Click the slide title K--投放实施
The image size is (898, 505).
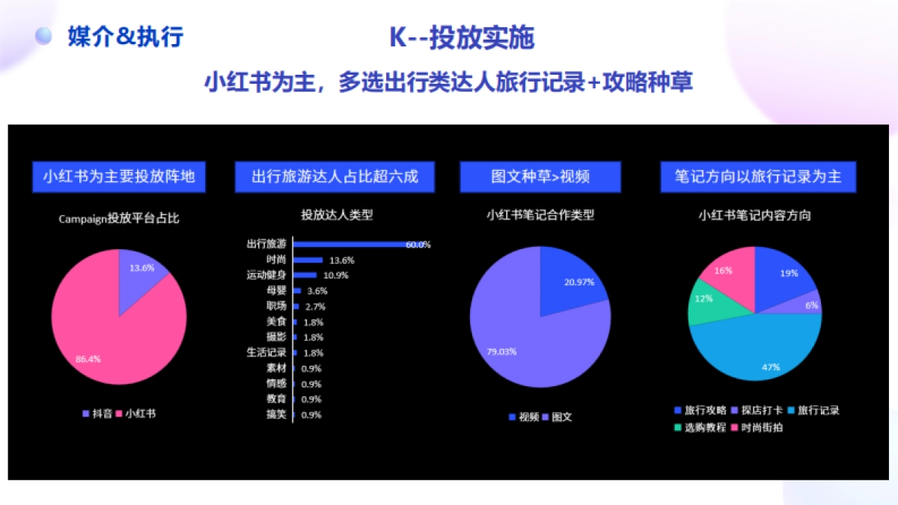(x=462, y=37)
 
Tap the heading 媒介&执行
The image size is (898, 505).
(x=125, y=36)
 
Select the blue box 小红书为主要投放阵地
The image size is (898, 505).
(x=119, y=177)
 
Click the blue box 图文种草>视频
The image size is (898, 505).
(x=540, y=177)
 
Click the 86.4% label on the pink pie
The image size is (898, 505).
(x=88, y=358)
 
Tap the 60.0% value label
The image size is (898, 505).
(x=418, y=245)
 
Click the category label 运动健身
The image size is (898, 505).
(x=266, y=275)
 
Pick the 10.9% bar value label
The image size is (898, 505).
(x=336, y=275)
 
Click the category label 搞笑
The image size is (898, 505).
(x=276, y=414)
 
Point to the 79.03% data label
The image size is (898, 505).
(x=502, y=351)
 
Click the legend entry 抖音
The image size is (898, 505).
(x=97, y=412)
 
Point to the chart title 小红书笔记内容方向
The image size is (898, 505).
(x=754, y=215)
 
